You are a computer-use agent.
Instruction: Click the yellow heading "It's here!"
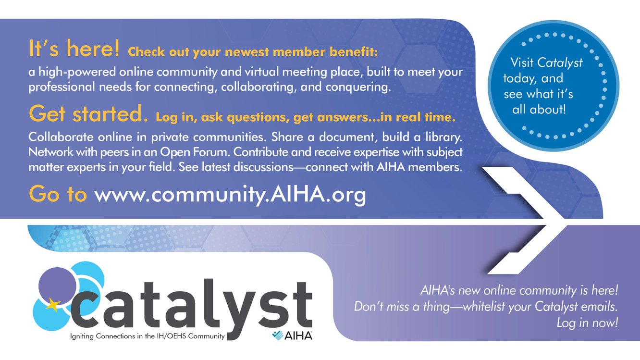point(74,49)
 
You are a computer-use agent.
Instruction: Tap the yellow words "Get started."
point(88,113)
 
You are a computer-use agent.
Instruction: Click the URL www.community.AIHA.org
point(230,195)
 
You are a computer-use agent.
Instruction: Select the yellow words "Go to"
point(58,194)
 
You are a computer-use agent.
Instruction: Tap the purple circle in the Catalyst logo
point(58,286)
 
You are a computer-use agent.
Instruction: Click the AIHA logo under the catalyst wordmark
point(292,335)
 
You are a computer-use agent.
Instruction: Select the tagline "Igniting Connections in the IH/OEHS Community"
point(148,336)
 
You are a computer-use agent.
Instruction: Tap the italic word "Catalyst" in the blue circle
point(560,63)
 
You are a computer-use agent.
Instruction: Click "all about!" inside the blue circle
point(539,110)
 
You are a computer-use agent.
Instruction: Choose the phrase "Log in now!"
point(587,323)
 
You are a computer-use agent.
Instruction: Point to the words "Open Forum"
point(195,152)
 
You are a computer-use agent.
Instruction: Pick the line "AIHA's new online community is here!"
point(519,290)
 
